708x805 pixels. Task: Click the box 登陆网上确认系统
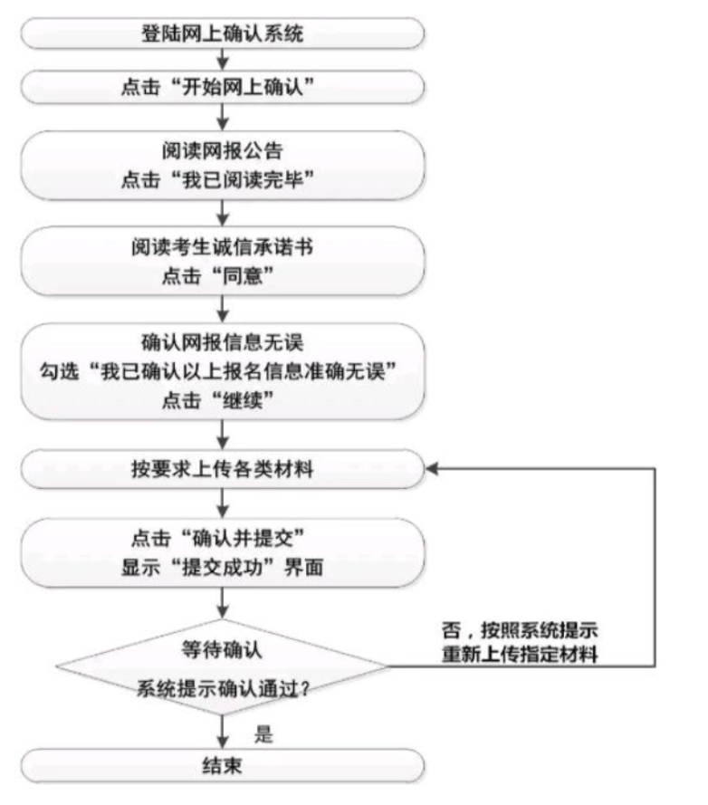(223, 36)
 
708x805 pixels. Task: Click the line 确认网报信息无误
(223, 343)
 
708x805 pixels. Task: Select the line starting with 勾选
(223, 371)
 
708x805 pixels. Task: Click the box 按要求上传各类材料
(223, 469)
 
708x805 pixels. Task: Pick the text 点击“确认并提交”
(223, 540)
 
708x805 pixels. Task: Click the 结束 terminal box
(223, 765)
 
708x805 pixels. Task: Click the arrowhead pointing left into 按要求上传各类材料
(433, 469)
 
